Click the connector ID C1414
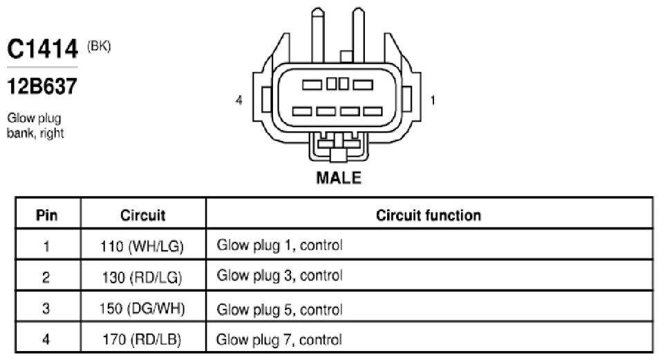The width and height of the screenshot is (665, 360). (42, 48)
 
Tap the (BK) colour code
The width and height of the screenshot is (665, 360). (99, 46)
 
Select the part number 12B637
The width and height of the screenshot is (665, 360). (42, 86)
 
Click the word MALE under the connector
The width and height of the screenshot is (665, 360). (339, 178)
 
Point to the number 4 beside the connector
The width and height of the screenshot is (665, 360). (239, 100)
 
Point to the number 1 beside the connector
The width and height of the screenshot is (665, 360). (433, 100)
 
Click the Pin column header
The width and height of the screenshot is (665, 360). (46, 215)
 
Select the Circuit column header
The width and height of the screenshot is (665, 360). (143, 215)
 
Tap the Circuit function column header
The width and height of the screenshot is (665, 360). (429, 215)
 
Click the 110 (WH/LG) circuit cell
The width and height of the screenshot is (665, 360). (142, 246)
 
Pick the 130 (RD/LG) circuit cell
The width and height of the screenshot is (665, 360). (142, 277)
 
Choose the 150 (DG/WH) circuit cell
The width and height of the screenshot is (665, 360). (142, 308)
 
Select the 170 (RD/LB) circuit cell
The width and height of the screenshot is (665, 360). (142, 339)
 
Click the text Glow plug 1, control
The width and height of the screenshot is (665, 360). (279, 245)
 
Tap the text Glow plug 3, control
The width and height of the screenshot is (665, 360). (279, 276)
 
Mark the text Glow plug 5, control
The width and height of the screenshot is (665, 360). (279, 310)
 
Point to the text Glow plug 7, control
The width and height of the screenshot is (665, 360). (279, 340)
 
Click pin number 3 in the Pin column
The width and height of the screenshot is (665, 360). (46, 308)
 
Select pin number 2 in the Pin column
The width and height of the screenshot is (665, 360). (46, 277)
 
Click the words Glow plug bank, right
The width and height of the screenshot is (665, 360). (35, 126)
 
